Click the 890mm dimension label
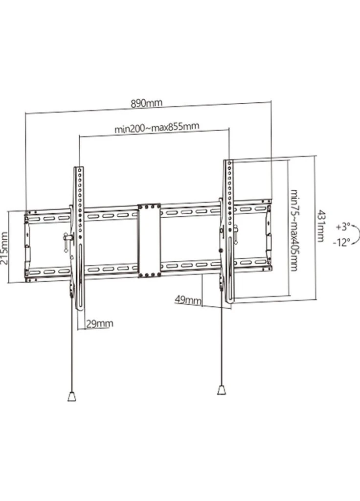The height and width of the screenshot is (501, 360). [146, 103]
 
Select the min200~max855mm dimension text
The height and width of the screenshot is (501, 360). [157, 127]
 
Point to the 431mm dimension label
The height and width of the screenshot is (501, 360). [320, 226]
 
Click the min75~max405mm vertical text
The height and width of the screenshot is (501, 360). [294, 230]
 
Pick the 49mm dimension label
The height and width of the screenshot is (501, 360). [188, 300]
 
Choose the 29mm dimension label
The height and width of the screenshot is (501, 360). [100, 323]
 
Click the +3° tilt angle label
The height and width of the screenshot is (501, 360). [343, 227]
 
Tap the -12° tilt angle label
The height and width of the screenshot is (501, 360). [341, 242]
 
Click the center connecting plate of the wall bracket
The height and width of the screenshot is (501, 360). [149, 240]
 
